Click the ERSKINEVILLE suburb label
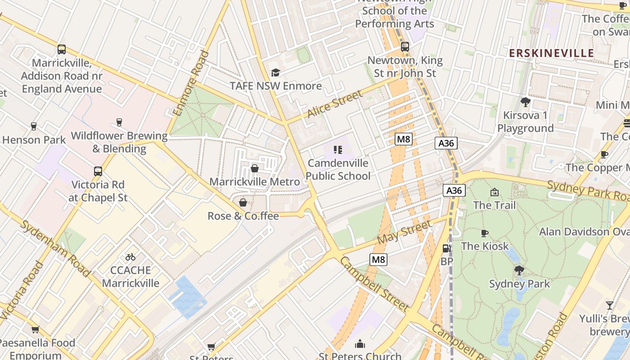click(x=551, y=53)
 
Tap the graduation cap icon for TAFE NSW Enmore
click(x=275, y=72)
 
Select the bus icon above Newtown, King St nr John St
click(x=405, y=47)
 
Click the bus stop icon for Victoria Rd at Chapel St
click(x=98, y=171)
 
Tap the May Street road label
click(x=404, y=232)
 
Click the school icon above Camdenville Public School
click(x=337, y=150)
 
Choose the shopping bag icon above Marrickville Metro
click(x=255, y=168)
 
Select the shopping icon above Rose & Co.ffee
click(x=243, y=202)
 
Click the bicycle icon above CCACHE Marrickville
click(x=130, y=257)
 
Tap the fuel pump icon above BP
click(x=446, y=248)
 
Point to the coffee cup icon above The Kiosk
click(x=484, y=233)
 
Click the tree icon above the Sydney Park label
click(x=519, y=270)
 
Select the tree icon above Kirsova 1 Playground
click(x=525, y=102)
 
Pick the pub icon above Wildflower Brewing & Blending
click(x=119, y=122)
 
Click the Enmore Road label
click(x=197, y=83)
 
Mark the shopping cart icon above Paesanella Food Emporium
click(x=36, y=329)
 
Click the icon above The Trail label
click(x=494, y=192)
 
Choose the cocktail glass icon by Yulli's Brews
click(x=610, y=306)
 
